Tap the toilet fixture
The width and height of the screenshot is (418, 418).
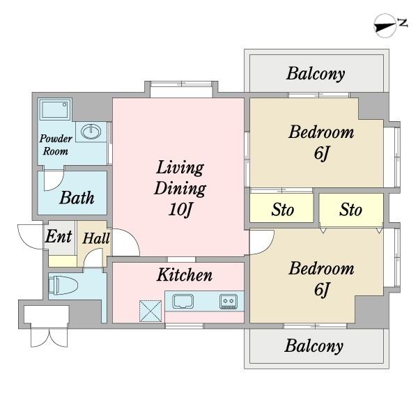(63, 286)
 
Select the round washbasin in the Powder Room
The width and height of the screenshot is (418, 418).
(91, 131)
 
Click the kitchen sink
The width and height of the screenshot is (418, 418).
(183, 301)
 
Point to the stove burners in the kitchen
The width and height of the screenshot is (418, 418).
(229, 301)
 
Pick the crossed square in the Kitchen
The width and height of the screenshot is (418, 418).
(150, 311)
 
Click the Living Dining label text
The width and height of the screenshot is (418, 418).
(180, 178)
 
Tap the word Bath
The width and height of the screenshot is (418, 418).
(77, 198)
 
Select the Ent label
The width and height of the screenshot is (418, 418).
(59, 236)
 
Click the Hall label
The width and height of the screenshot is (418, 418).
(96, 238)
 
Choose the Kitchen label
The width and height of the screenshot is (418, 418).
(185, 274)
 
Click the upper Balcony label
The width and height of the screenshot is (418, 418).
(316, 74)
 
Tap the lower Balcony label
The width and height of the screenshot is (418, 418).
(314, 346)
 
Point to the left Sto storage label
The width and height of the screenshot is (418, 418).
(283, 210)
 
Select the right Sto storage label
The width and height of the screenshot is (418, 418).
(351, 210)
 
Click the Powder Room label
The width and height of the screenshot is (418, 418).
(56, 145)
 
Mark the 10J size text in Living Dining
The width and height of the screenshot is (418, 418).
(180, 209)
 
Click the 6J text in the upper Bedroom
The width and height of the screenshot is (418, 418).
(322, 153)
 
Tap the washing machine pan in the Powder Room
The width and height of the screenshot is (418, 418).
(55, 109)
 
